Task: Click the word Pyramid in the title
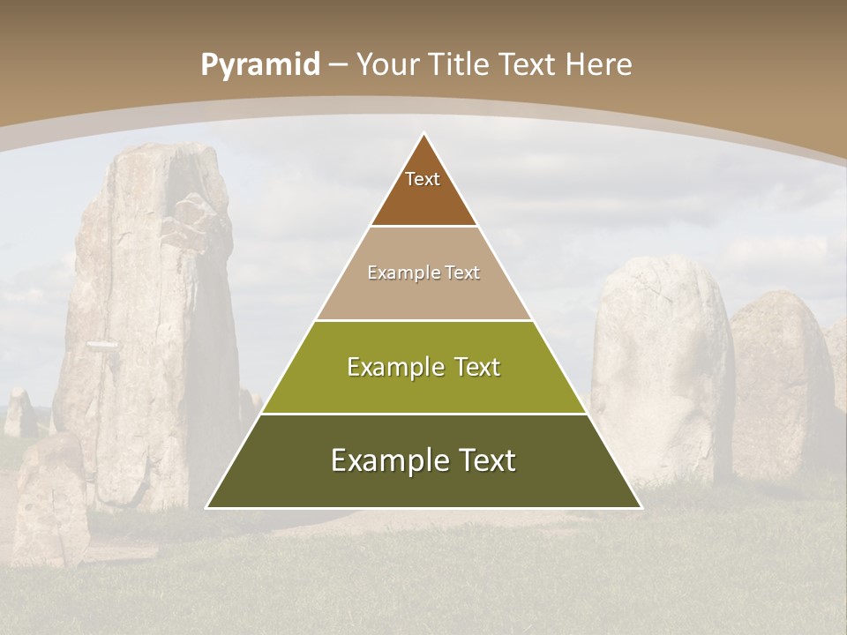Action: pos(259,65)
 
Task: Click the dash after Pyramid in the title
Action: pos(337,65)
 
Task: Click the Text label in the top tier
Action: pos(423,179)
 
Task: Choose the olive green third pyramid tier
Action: pos(423,388)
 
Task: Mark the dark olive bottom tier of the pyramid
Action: pos(423,485)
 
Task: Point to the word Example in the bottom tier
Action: pos(385,460)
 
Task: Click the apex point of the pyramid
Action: pos(423,133)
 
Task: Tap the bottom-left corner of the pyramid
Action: pos(207,507)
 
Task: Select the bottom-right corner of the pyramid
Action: pos(641,507)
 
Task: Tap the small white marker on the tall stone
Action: pos(103,346)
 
